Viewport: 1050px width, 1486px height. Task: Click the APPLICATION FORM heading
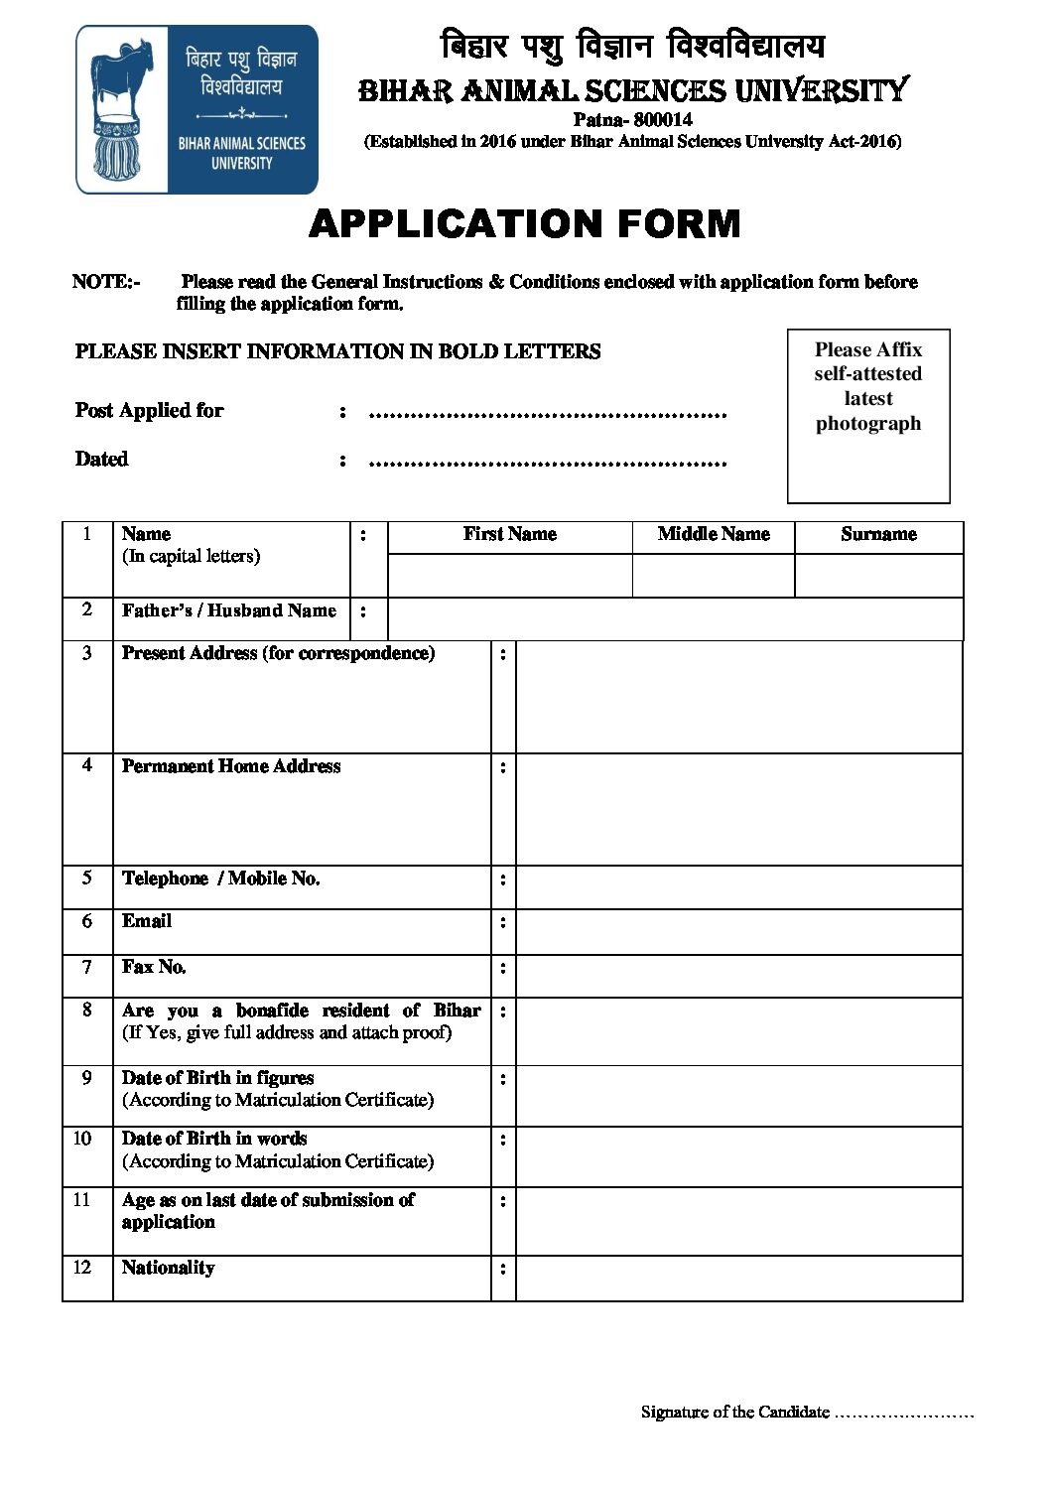(525, 224)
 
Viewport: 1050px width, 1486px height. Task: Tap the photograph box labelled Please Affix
(868, 416)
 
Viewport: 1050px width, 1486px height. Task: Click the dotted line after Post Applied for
(548, 413)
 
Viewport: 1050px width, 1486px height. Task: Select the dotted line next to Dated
(548, 462)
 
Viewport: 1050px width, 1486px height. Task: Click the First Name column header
(509, 535)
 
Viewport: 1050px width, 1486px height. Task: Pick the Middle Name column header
(714, 535)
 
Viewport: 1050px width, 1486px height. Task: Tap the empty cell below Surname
(878, 576)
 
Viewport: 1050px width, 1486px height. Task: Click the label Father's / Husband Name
(229, 611)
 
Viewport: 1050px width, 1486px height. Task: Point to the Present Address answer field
(739, 697)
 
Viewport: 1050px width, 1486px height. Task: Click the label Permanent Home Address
(231, 766)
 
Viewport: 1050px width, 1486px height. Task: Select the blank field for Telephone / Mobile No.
(739, 887)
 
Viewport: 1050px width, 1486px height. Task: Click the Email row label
(147, 922)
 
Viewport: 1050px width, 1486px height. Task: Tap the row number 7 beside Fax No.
(87, 968)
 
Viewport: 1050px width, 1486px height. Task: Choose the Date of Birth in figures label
(218, 1078)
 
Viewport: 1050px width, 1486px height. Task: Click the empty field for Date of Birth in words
(739, 1156)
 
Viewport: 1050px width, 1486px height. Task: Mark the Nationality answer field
(739, 1279)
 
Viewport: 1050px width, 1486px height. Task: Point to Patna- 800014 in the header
(632, 120)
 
